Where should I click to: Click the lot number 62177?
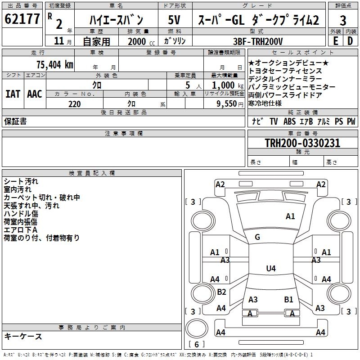[22, 19]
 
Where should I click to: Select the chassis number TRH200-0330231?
[302, 144]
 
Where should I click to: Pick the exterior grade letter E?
[335, 41]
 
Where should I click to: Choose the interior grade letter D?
[350, 41]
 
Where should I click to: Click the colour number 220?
[75, 104]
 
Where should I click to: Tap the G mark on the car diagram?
[257, 237]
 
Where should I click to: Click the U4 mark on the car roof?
[270, 269]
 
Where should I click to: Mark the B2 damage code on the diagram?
[221, 292]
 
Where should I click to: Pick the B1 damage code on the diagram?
[288, 299]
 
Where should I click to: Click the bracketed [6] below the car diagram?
[197, 344]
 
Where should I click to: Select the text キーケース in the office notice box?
[23, 337]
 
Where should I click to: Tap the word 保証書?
[15, 121]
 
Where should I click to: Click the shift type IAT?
[12, 94]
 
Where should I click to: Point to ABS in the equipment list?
[290, 121]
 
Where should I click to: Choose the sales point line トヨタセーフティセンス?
[285, 71]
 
